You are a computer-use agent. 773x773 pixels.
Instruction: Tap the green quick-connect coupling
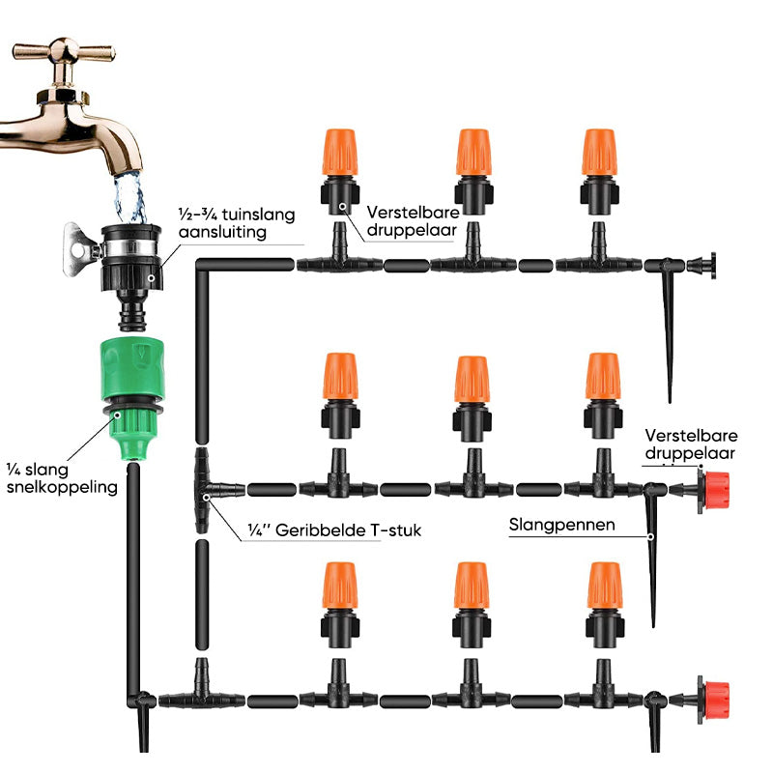click(x=132, y=386)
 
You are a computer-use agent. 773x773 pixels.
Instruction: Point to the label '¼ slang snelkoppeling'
click(x=59, y=477)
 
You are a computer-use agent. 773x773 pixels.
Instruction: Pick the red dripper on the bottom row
click(x=714, y=695)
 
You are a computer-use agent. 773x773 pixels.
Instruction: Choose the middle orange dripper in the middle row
click(x=471, y=381)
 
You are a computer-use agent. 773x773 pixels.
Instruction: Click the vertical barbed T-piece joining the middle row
click(x=203, y=489)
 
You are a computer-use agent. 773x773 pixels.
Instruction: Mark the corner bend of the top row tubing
click(x=203, y=267)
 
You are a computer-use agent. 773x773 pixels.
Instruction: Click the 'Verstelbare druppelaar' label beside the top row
click(x=411, y=220)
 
